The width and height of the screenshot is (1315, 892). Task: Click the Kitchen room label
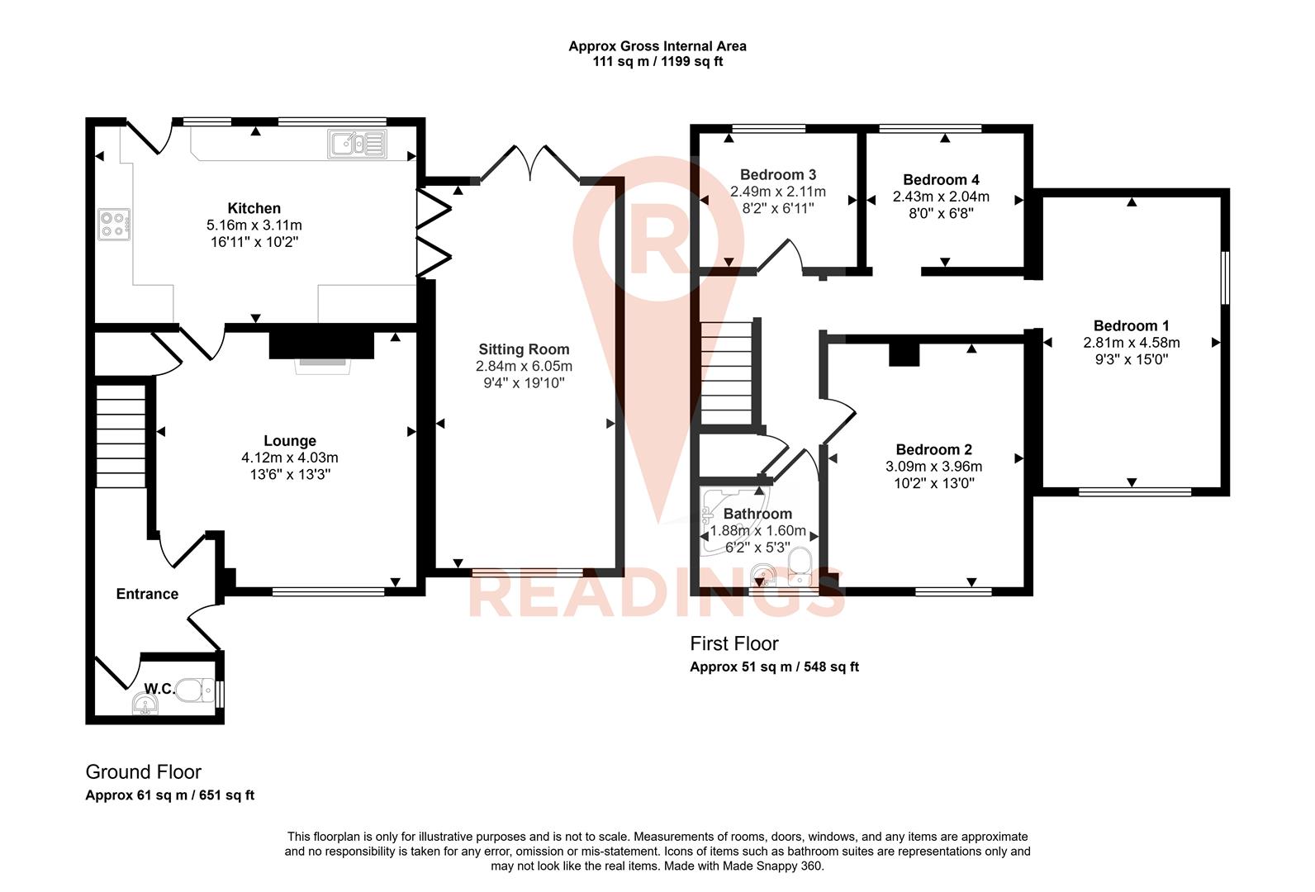254,208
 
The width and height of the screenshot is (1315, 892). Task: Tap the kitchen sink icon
357,144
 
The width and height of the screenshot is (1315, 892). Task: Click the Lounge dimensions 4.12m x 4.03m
289,458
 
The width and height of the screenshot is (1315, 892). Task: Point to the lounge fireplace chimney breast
322,341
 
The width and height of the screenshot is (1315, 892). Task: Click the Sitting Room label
524,349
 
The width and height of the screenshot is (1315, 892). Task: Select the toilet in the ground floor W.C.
195,690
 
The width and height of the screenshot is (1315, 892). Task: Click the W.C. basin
145,704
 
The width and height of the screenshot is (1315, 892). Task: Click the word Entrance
147,594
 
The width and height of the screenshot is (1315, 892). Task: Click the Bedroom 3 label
777,174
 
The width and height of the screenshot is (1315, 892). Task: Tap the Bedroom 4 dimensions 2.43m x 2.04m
940,197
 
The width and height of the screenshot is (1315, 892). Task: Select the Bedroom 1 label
1131,325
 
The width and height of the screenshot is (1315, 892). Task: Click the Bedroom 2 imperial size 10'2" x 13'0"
933,483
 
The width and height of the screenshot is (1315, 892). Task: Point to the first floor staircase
727,372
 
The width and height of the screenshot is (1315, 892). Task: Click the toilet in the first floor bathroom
800,566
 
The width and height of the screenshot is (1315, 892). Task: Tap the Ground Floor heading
144,772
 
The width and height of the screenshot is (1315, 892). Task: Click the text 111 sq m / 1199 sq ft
657,62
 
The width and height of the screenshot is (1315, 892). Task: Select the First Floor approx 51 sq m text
774,667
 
